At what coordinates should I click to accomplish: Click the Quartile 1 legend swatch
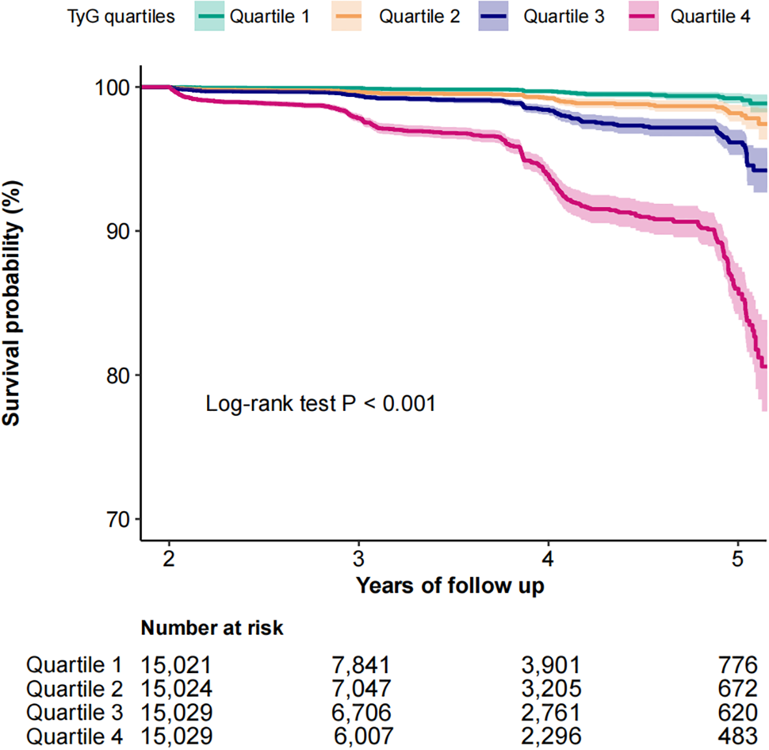tap(209, 16)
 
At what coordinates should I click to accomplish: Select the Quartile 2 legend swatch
tap(346, 16)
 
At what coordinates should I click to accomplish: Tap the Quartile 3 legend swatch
tap(493, 16)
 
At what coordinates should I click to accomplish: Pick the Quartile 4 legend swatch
tap(643, 16)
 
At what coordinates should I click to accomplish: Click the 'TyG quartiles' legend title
tap(121, 17)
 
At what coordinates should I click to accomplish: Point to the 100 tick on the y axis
tap(113, 87)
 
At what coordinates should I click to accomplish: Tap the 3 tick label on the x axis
tap(358, 559)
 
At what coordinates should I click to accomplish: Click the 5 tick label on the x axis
tap(737, 559)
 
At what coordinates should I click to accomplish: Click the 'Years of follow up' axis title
tap(449, 586)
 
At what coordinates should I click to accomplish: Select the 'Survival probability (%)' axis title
tap(12, 303)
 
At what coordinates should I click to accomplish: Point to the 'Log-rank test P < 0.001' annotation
tap(320, 404)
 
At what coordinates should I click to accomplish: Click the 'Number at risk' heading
tap(212, 628)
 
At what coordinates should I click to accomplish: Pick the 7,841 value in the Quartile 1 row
tap(361, 665)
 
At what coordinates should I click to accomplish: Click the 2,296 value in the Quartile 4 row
tap(551, 736)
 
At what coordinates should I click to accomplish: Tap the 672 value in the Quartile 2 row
tap(738, 689)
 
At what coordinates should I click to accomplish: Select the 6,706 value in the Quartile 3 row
tap(361, 713)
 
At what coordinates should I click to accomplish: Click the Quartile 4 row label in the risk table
tap(74, 736)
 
